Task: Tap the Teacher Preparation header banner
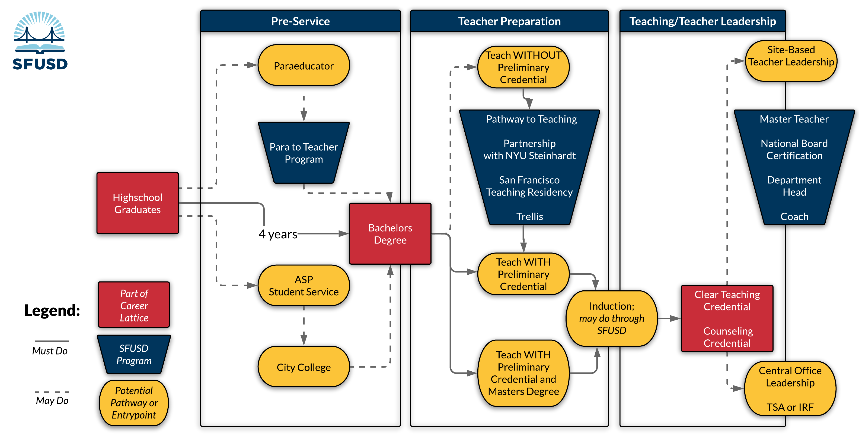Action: pos(509,21)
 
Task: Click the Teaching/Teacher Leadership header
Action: pos(702,21)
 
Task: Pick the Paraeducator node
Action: pos(304,66)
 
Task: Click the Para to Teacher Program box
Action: pos(304,153)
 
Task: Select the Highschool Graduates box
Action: pos(138,203)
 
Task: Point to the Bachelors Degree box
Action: pos(390,234)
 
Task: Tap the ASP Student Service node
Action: pos(304,285)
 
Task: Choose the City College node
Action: pos(304,367)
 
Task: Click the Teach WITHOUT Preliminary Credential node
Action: pos(523,67)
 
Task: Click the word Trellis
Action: pos(529,216)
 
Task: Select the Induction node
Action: pos(612,318)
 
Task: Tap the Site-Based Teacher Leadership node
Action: pos(791,56)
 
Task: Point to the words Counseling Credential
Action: pos(728,337)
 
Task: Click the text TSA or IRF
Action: pos(790,407)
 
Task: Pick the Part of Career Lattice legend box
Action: pos(134,305)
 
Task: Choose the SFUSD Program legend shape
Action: pos(134,354)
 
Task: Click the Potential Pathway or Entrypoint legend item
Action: pos(134,403)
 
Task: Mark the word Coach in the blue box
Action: pos(794,216)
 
